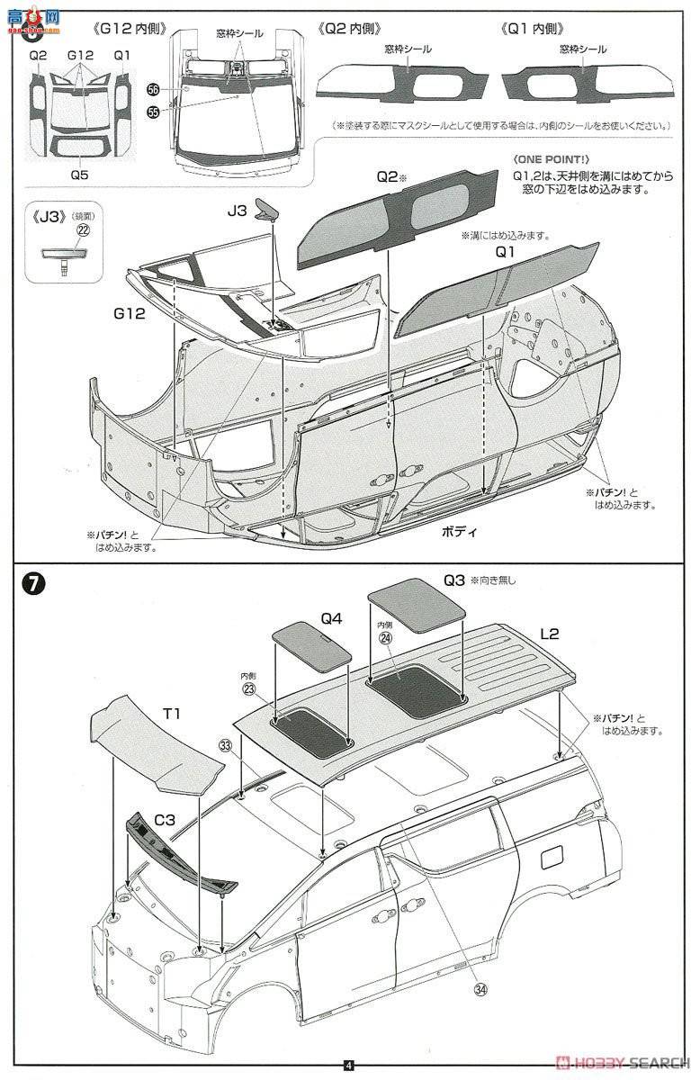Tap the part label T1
[172, 714]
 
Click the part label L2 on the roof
[549, 634]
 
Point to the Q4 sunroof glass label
[331, 618]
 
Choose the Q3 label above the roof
[453, 580]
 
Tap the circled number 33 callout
[225, 745]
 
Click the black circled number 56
[153, 90]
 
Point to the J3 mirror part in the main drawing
[267, 208]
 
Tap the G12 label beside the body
[129, 314]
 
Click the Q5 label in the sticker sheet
[80, 166]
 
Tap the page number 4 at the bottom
[349, 1067]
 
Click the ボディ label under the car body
[457, 531]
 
